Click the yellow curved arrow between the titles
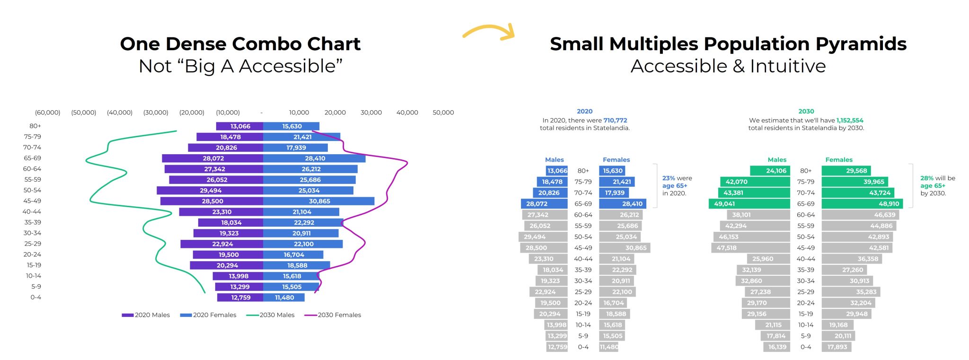[489, 31]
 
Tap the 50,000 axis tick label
[443, 113]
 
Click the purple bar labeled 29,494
[210, 191]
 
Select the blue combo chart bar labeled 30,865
[318, 202]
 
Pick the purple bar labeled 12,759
[240, 298]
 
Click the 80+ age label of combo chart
[35, 126]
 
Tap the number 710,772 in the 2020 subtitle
[615, 120]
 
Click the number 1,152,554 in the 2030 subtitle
[850, 120]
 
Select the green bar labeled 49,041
[749, 204]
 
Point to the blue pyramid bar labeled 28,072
[544, 204]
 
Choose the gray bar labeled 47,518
[750, 248]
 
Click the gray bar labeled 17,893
[837, 347]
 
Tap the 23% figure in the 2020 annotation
[668, 178]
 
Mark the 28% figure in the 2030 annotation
[926, 178]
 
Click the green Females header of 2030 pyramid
[838, 160]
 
